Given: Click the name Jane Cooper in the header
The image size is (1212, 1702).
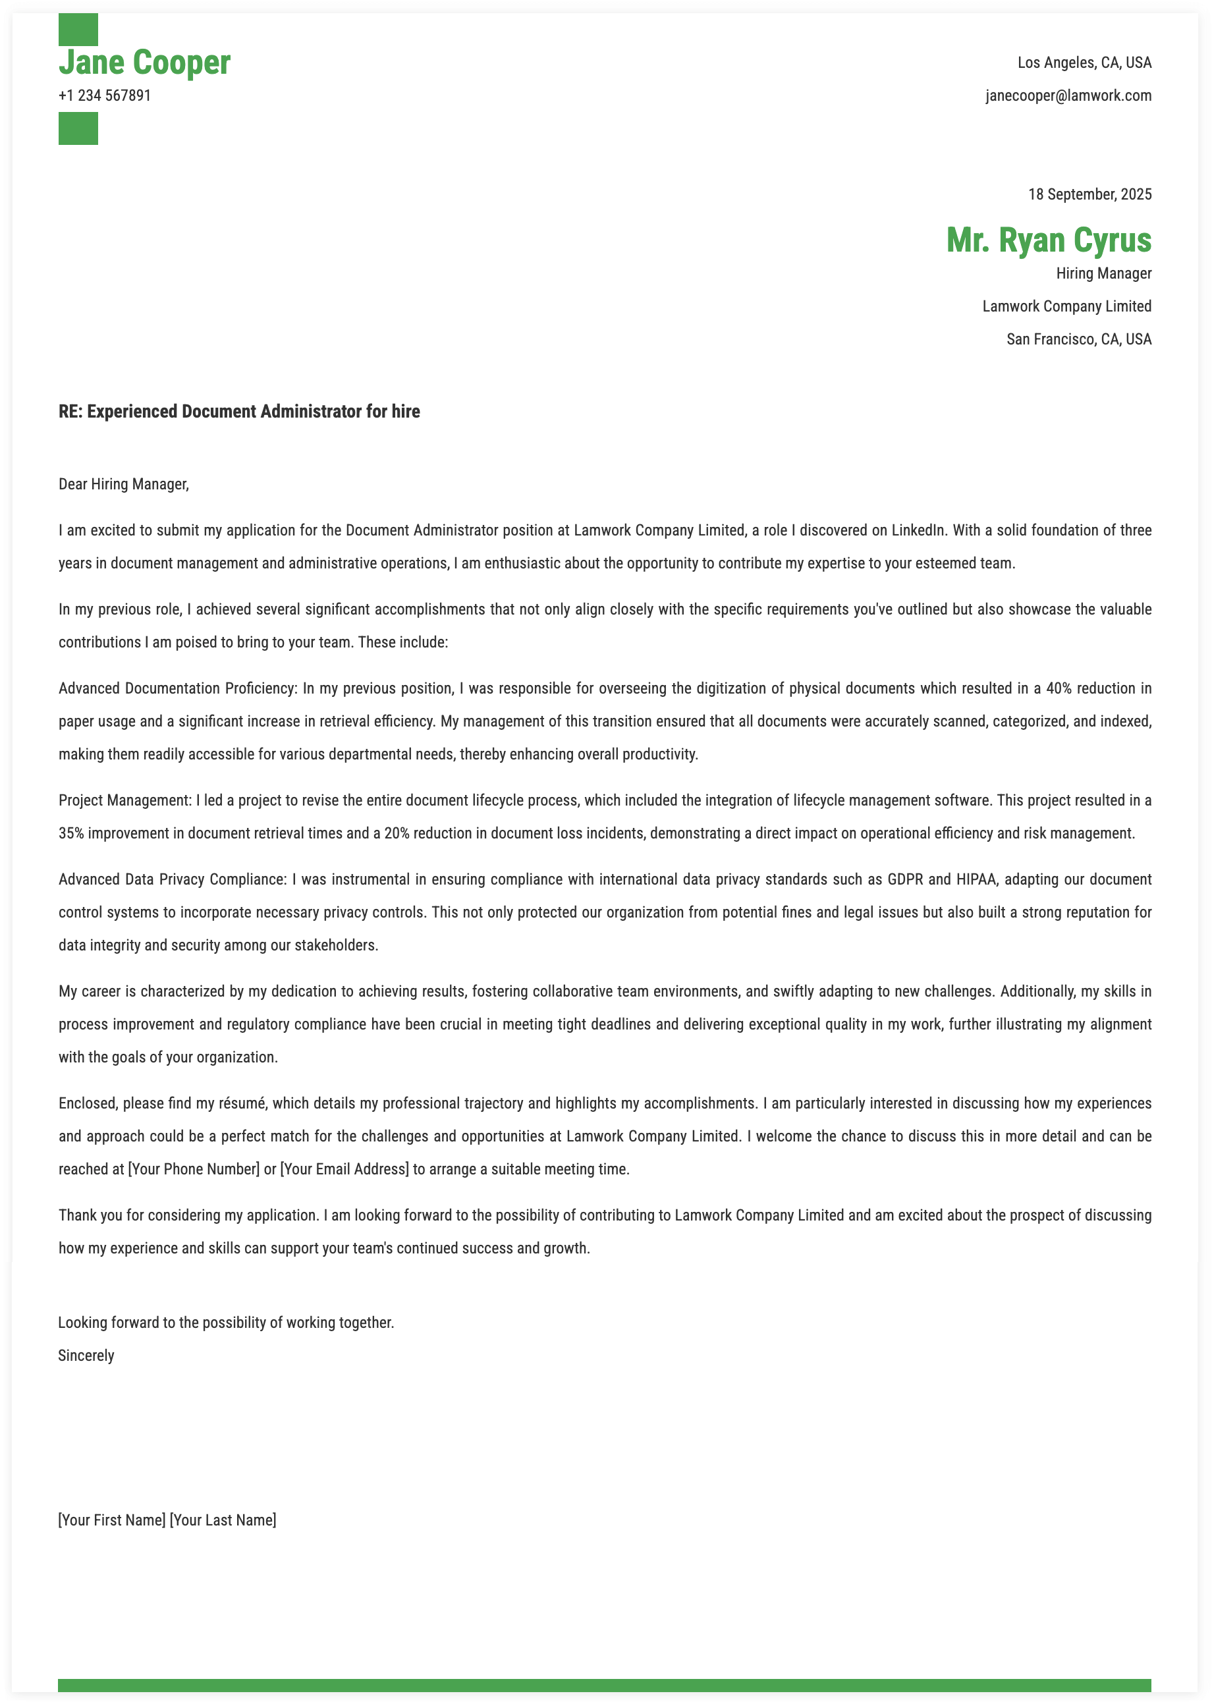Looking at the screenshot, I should (x=144, y=63).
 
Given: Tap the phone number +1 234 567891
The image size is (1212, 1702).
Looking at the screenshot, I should (x=105, y=96).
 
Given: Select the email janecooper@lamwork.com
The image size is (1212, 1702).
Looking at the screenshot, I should (x=1068, y=96).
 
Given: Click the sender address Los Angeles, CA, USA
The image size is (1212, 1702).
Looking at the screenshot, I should (x=1084, y=63).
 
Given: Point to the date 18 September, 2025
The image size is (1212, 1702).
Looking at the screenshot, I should (x=1089, y=195).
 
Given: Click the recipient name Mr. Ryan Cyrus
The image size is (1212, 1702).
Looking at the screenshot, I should (x=1048, y=240).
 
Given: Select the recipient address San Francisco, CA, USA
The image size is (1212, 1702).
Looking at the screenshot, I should (x=1078, y=339).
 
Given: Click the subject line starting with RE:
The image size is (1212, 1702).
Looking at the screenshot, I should (x=239, y=412).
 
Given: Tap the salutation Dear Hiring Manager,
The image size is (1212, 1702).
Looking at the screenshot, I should (x=124, y=484).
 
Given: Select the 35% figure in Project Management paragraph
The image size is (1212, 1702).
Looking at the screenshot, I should (x=71, y=833).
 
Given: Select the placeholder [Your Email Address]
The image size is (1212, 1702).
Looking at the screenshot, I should (x=344, y=1169).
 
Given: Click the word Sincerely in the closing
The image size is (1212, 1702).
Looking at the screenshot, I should (x=86, y=1356).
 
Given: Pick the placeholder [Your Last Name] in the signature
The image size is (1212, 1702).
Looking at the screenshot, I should (x=223, y=1520).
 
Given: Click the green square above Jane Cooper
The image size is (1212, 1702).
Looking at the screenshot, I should (x=78, y=28).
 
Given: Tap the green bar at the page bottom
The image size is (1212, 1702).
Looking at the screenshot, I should (x=605, y=1685).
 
